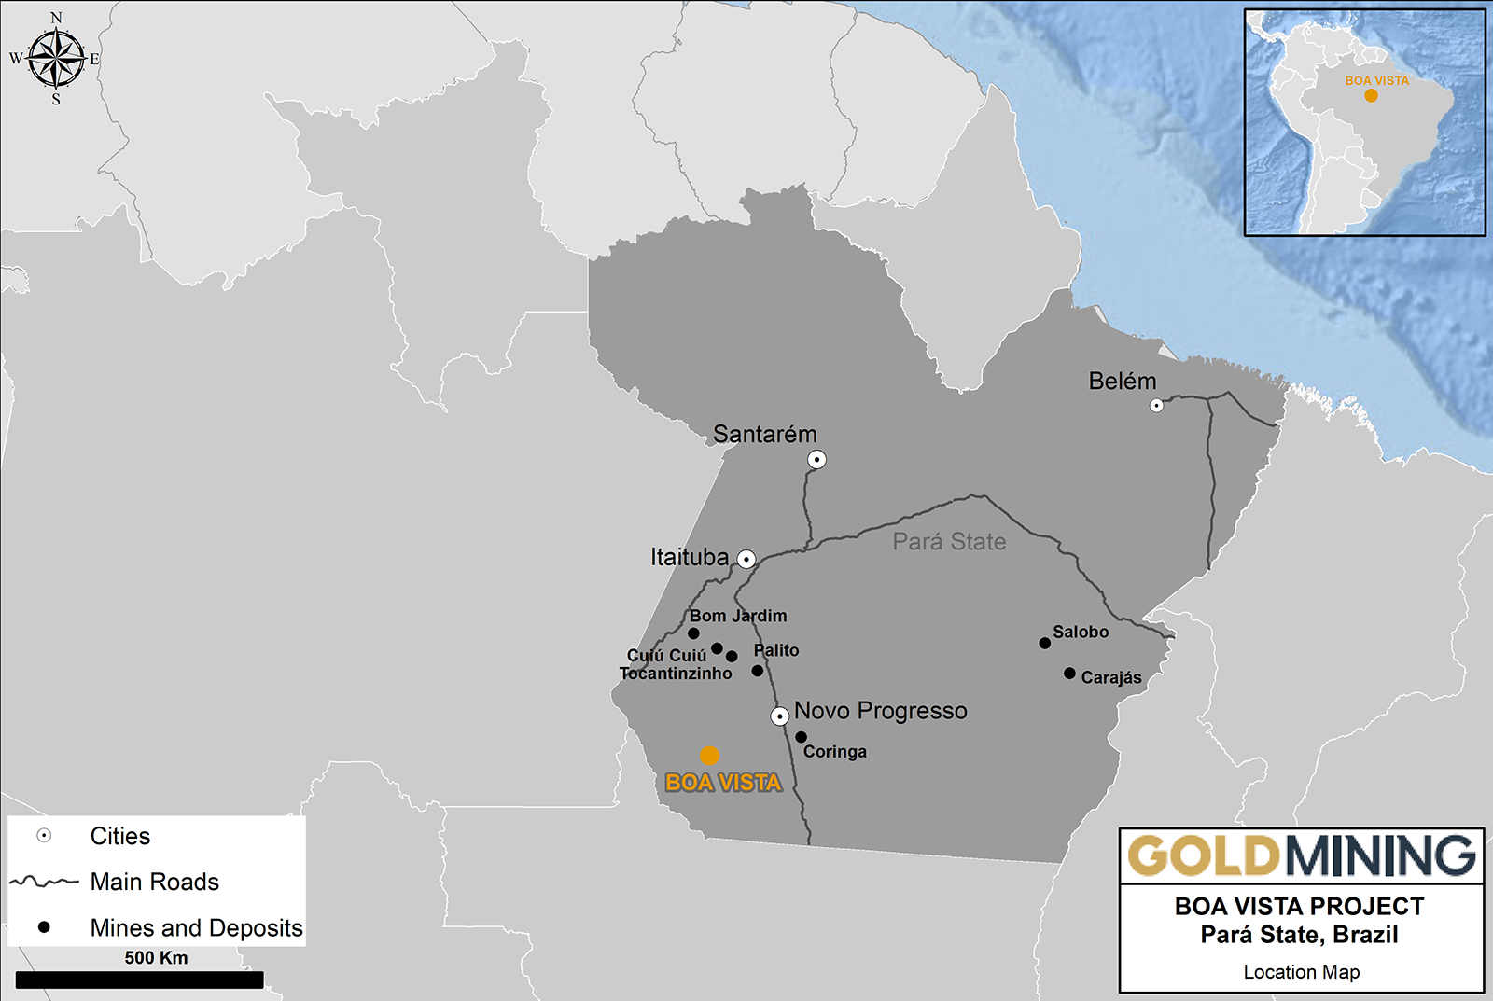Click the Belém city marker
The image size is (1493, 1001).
(1156, 405)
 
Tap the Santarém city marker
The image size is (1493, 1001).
(816, 459)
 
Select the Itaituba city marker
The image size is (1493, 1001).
(746, 559)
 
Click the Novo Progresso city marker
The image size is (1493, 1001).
(779, 716)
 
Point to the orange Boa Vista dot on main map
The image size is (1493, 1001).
(709, 756)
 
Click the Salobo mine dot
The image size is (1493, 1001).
(1044, 643)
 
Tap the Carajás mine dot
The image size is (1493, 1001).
(1069, 673)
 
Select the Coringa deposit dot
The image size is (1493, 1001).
(801, 737)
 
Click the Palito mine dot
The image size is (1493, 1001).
(757, 671)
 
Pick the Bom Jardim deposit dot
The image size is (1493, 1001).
(693, 633)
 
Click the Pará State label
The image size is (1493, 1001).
(949, 542)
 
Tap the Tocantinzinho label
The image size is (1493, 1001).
(676, 674)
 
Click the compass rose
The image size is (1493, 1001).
(57, 58)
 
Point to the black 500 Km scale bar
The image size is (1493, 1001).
(139, 980)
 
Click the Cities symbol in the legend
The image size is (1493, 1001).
(44, 836)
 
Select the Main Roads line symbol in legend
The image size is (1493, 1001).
(44, 882)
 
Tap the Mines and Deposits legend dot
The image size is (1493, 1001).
(44, 927)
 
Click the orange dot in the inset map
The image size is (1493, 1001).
(1371, 95)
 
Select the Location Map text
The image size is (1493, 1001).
(1301, 972)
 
